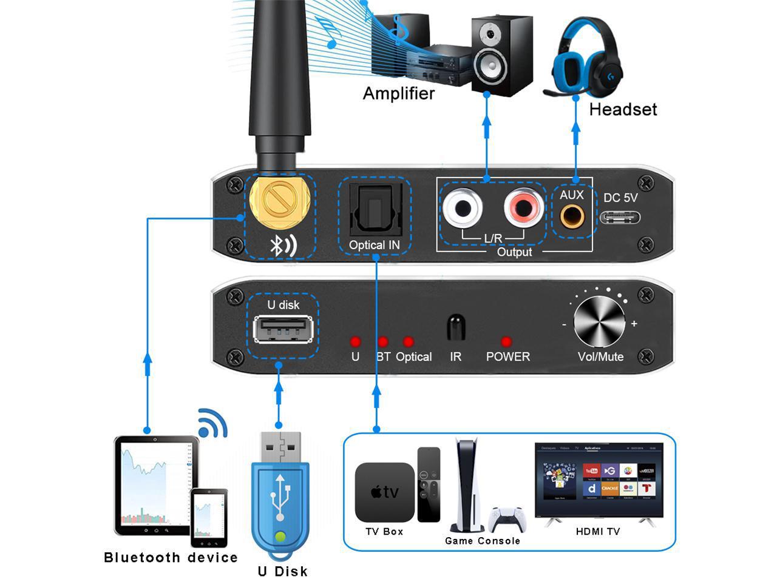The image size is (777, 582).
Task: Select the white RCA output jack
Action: pos(463,209)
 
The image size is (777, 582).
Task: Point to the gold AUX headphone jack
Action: pos(572,216)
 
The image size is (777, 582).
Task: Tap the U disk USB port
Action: pos(283,331)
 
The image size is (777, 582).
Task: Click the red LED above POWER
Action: pos(506,342)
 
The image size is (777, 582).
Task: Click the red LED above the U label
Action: pos(355,342)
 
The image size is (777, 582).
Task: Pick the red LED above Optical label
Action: pos(408,342)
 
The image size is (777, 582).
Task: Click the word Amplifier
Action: pos(399,93)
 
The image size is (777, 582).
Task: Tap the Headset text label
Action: pos(623,109)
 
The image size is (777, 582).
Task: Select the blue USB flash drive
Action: pos(280,497)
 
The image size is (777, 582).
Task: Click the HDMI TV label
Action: pos(598,532)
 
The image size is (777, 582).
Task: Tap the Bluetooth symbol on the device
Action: pos(283,245)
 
